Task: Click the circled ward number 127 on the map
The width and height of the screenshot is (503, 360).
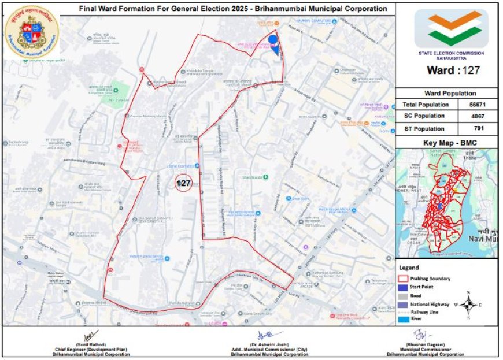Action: [x=183, y=183]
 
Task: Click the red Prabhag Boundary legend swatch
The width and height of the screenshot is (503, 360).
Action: [x=403, y=279]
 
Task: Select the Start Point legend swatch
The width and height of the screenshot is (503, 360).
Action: [x=403, y=287]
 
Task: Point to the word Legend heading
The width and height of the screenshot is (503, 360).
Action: [x=409, y=268]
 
